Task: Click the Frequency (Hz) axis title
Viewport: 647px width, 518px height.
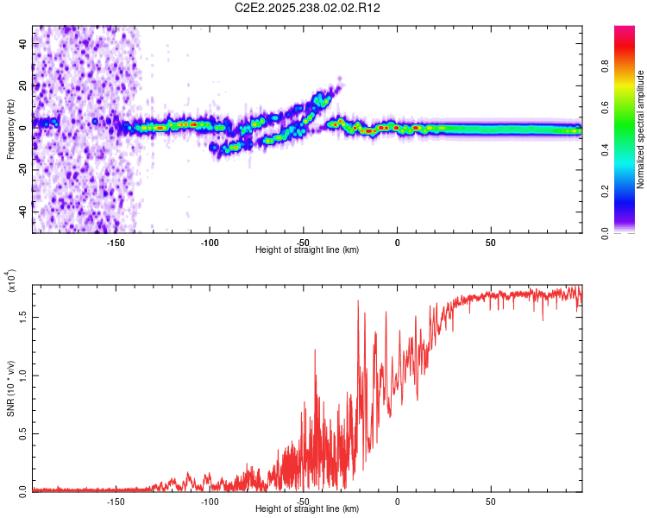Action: [x=11, y=129]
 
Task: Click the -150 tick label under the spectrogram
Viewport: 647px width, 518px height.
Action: [x=116, y=242]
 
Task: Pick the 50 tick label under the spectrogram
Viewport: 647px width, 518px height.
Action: [x=490, y=242]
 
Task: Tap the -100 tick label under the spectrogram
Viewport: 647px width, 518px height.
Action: [x=210, y=242]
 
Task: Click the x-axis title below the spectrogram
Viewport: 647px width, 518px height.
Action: [x=307, y=250]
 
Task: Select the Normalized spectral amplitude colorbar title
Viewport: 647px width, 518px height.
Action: [x=641, y=129]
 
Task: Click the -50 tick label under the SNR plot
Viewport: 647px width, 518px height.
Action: [x=304, y=501]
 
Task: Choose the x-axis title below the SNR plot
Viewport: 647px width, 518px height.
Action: [x=307, y=509]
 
